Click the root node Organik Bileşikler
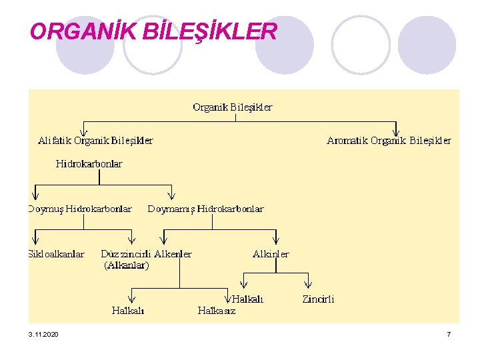[232, 107]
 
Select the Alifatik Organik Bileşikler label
[95, 141]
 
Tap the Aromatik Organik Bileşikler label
[389, 141]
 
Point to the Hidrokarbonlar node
[89, 163]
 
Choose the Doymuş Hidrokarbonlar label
[80, 209]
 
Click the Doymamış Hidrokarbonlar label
[205, 209]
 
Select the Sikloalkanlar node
[56, 254]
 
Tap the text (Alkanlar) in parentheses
[127, 265]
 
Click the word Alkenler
[173, 254]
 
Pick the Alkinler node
[271, 254]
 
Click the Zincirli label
[319, 299]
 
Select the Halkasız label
[217, 310]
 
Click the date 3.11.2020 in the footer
[43, 333]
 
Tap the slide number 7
[449, 333]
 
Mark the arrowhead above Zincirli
[309, 285]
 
